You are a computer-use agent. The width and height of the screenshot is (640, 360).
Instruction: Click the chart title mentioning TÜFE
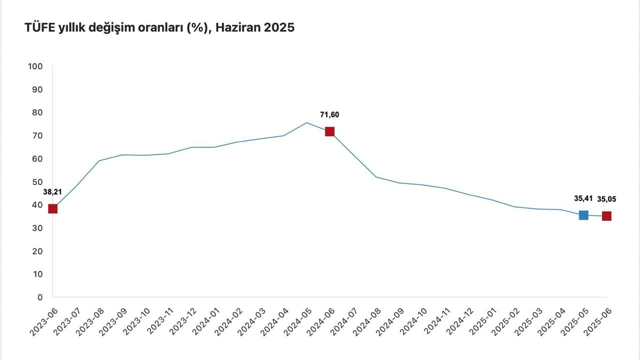[x=159, y=28]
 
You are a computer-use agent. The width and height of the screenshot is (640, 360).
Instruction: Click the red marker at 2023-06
[x=52, y=208]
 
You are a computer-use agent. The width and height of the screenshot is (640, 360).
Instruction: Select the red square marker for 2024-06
[x=329, y=131]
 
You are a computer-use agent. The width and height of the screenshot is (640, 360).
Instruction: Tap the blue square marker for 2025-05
[x=583, y=215]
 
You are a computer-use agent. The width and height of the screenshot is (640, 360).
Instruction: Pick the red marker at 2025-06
[x=606, y=216]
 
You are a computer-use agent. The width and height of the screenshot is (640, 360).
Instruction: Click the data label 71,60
[x=329, y=115]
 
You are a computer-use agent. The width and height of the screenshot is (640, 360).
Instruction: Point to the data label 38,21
[x=52, y=191]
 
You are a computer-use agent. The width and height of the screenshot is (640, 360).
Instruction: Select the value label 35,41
[x=583, y=198]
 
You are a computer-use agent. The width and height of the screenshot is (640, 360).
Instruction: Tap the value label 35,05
[x=606, y=199]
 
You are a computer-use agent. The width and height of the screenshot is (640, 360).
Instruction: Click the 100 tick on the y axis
[x=36, y=66]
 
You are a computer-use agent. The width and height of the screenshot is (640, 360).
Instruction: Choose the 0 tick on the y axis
[x=40, y=297]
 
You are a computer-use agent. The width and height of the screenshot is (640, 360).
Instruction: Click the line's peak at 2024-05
[x=306, y=122]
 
